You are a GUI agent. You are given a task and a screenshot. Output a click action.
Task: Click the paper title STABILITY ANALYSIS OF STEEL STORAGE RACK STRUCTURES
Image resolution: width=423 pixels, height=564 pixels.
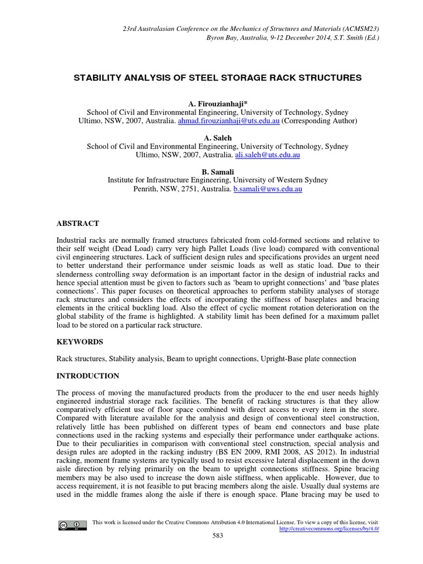point(218,78)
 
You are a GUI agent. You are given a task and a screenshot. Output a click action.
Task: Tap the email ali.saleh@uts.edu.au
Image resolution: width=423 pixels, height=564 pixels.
point(267,156)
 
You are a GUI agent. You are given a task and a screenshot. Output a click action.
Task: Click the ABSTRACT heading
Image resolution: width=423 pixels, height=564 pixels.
point(78,224)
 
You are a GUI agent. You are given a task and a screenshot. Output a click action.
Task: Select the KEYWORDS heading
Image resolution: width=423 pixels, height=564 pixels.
point(80,341)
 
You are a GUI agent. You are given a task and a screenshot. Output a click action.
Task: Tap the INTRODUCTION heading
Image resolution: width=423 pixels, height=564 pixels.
point(88,376)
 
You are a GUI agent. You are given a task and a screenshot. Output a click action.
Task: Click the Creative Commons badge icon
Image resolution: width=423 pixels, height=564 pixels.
point(73,525)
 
